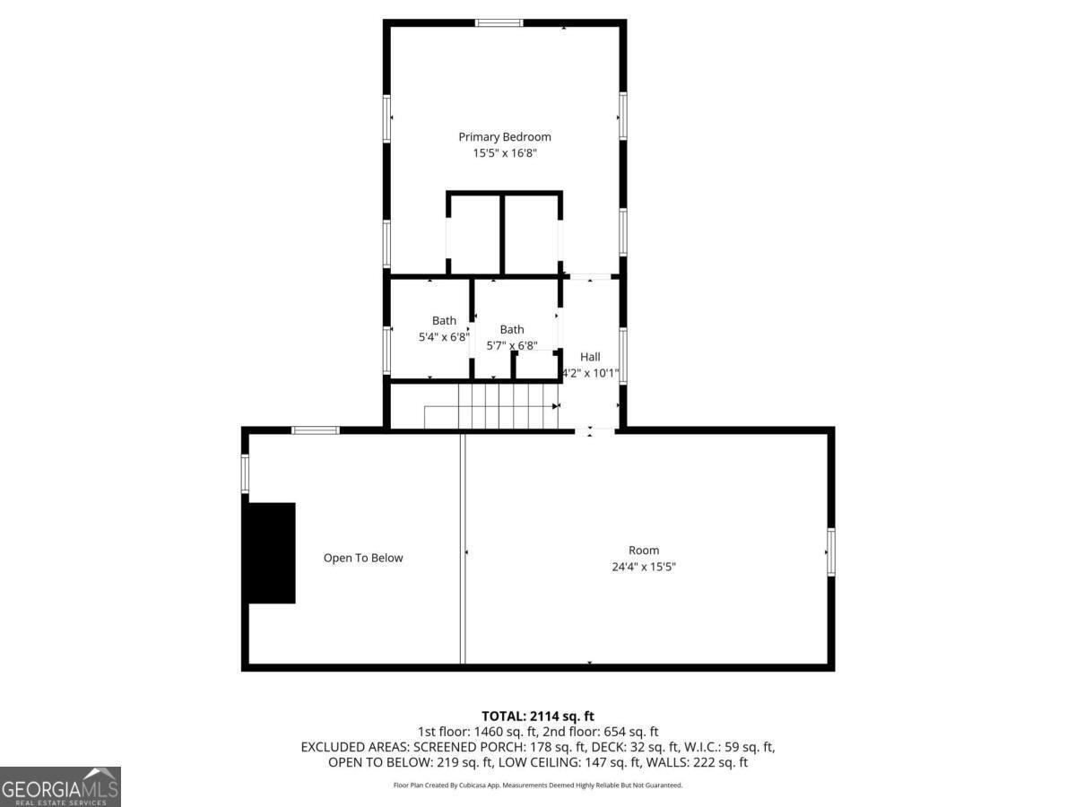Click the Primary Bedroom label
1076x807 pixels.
tap(505, 137)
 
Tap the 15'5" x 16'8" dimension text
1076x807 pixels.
tap(505, 153)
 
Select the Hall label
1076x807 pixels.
tap(590, 357)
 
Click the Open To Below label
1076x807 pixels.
tap(363, 558)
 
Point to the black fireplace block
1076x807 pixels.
tap(272, 552)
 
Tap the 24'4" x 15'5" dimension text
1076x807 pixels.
tap(644, 567)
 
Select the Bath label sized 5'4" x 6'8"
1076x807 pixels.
tap(444, 320)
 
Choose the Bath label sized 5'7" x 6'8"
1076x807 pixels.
tap(512, 329)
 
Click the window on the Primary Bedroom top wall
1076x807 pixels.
tap(499, 22)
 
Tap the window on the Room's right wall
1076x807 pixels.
tap(831, 551)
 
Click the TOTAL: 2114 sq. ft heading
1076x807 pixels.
tap(538, 716)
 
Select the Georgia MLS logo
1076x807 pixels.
tap(60, 786)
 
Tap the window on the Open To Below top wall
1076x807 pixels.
tap(316, 430)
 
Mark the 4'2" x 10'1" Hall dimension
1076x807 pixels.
tap(590, 373)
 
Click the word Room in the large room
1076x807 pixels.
tap(644, 551)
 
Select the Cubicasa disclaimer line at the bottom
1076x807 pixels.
tap(538, 785)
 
